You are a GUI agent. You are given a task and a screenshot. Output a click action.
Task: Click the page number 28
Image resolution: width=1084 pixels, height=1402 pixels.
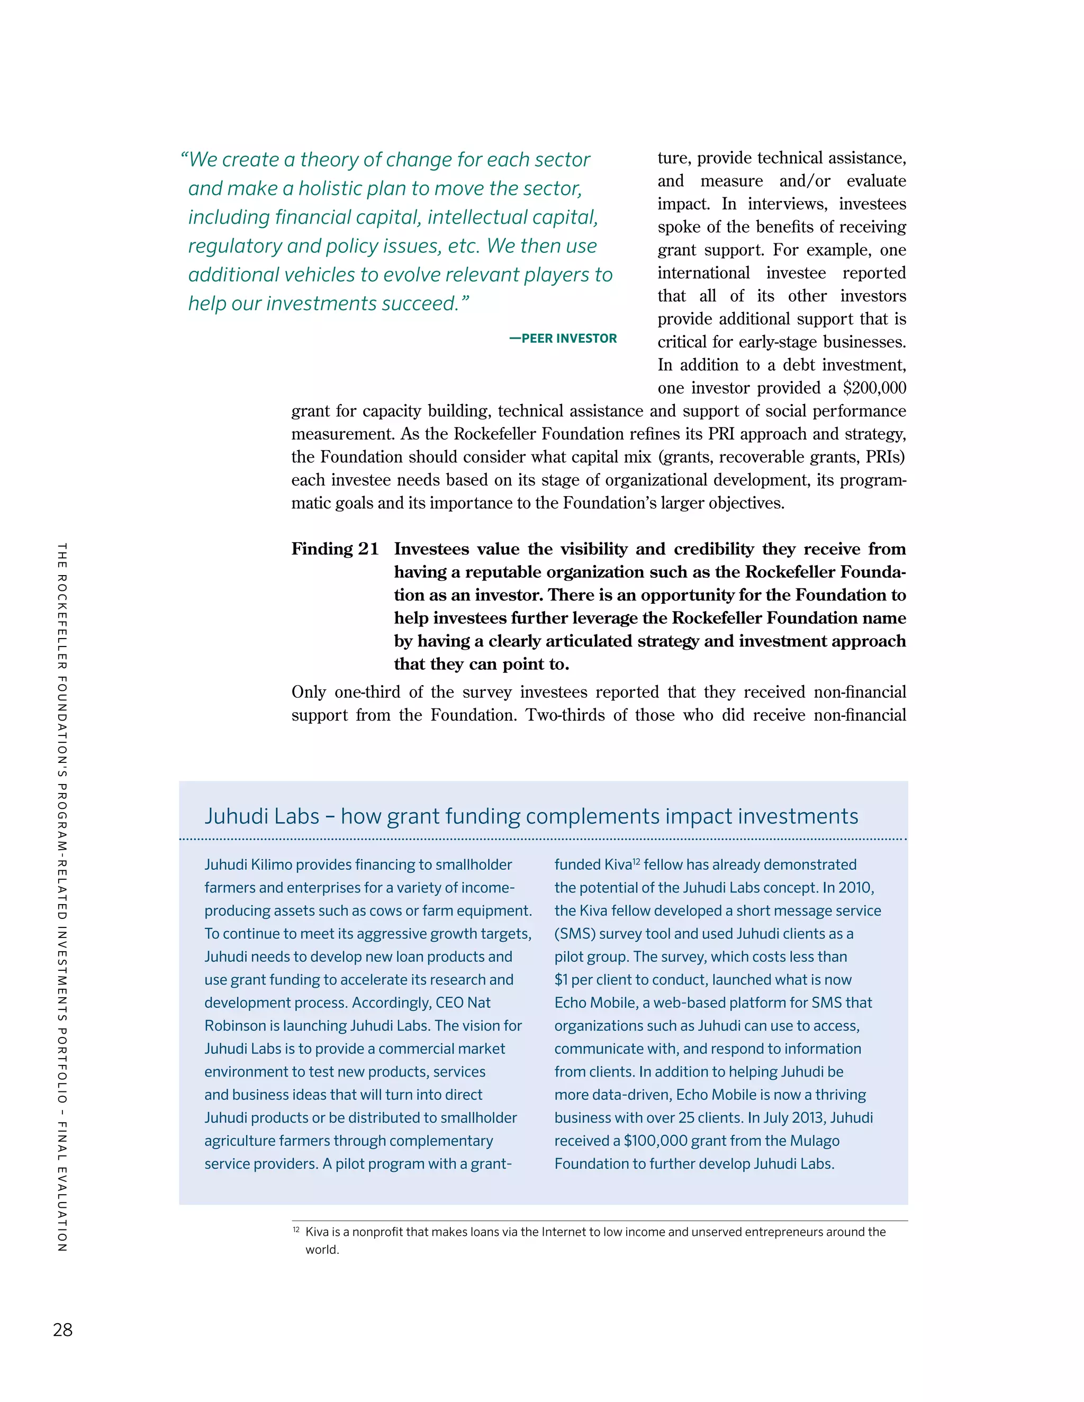[63, 1330]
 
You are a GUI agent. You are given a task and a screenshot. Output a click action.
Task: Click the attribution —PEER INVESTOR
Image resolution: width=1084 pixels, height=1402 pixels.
[563, 338]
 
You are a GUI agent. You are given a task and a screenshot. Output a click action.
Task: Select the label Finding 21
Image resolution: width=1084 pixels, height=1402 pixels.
[335, 549]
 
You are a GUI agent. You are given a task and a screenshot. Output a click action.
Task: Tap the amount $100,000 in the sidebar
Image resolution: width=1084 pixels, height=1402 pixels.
[654, 1141]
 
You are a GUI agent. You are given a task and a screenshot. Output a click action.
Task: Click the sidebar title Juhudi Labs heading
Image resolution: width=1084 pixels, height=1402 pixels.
[530, 816]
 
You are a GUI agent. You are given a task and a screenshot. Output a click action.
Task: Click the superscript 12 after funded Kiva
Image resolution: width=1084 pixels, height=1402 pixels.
[636, 861]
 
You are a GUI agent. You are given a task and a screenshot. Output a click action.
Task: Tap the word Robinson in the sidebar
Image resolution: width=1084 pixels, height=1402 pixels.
[233, 1026]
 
